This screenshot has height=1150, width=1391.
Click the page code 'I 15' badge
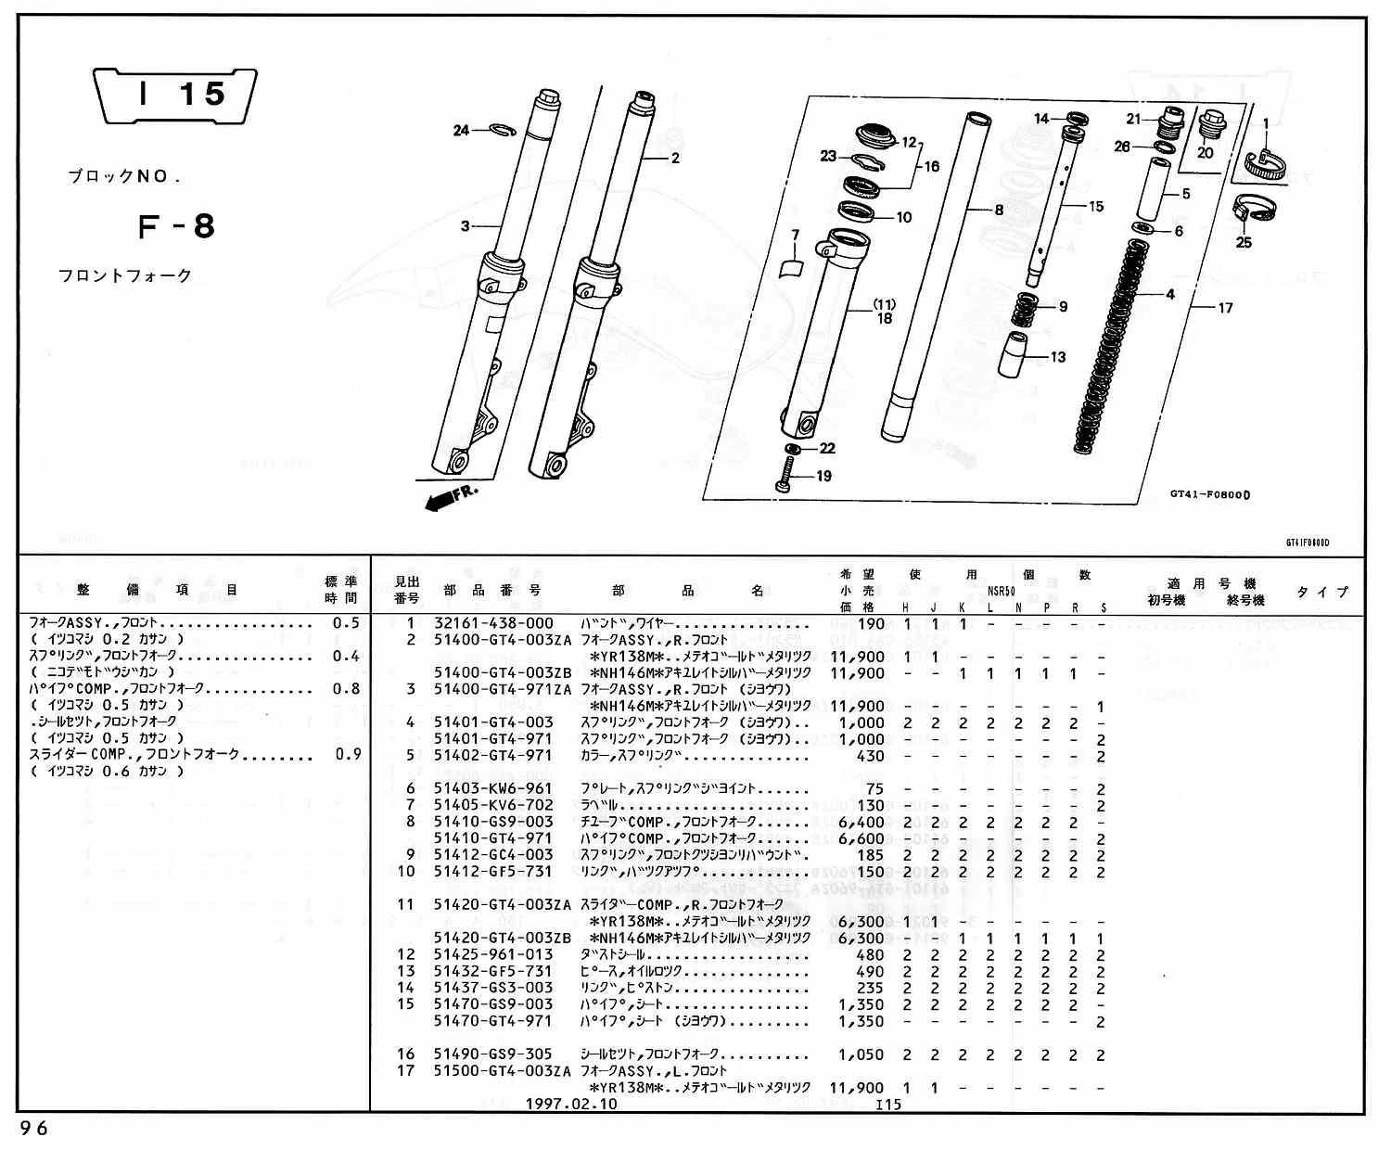(175, 95)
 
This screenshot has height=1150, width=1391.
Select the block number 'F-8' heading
(176, 226)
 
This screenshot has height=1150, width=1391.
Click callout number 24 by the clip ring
(461, 131)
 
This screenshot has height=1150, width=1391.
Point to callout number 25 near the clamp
(1244, 242)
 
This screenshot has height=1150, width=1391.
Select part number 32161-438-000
(493, 624)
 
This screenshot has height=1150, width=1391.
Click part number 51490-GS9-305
(493, 1054)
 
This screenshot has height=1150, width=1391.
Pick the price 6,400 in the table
(861, 823)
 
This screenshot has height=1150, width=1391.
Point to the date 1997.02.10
(570, 1105)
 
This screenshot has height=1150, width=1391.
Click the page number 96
(32, 1129)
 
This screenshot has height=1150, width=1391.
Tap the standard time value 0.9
(348, 755)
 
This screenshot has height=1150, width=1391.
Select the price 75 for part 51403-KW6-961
(874, 789)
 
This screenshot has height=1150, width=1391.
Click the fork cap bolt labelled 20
(1212, 127)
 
